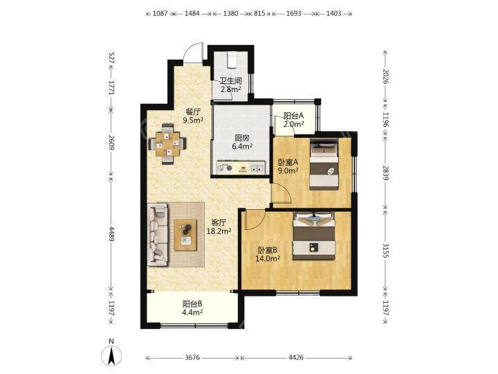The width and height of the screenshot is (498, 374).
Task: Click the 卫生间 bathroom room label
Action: (231, 81)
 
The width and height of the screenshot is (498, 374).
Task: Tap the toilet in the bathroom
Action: (232, 60)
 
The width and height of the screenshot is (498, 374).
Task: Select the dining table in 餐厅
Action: (167, 144)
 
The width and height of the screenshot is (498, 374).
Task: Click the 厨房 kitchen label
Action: (241, 138)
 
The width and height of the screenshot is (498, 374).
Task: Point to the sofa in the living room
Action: (158, 234)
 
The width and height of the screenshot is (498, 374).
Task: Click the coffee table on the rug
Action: (185, 235)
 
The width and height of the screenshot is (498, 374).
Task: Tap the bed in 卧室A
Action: (324, 164)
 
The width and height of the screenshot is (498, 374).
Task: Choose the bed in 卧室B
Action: (314, 236)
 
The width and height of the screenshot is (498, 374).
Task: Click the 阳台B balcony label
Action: (192, 304)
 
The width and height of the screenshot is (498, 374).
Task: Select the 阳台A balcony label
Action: (294, 116)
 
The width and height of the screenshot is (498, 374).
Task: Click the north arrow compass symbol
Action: (111, 355)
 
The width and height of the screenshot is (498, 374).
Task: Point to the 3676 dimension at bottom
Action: (192, 357)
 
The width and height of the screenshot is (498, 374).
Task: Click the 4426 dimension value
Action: (296, 357)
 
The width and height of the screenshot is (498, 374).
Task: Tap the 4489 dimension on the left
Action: (111, 233)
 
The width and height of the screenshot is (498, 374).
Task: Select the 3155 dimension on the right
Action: (385, 251)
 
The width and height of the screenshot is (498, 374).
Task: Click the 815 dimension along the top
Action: (259, 13)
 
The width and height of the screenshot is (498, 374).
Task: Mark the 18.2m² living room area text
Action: (219, 231)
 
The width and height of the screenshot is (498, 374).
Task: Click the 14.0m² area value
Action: (268, 258)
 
